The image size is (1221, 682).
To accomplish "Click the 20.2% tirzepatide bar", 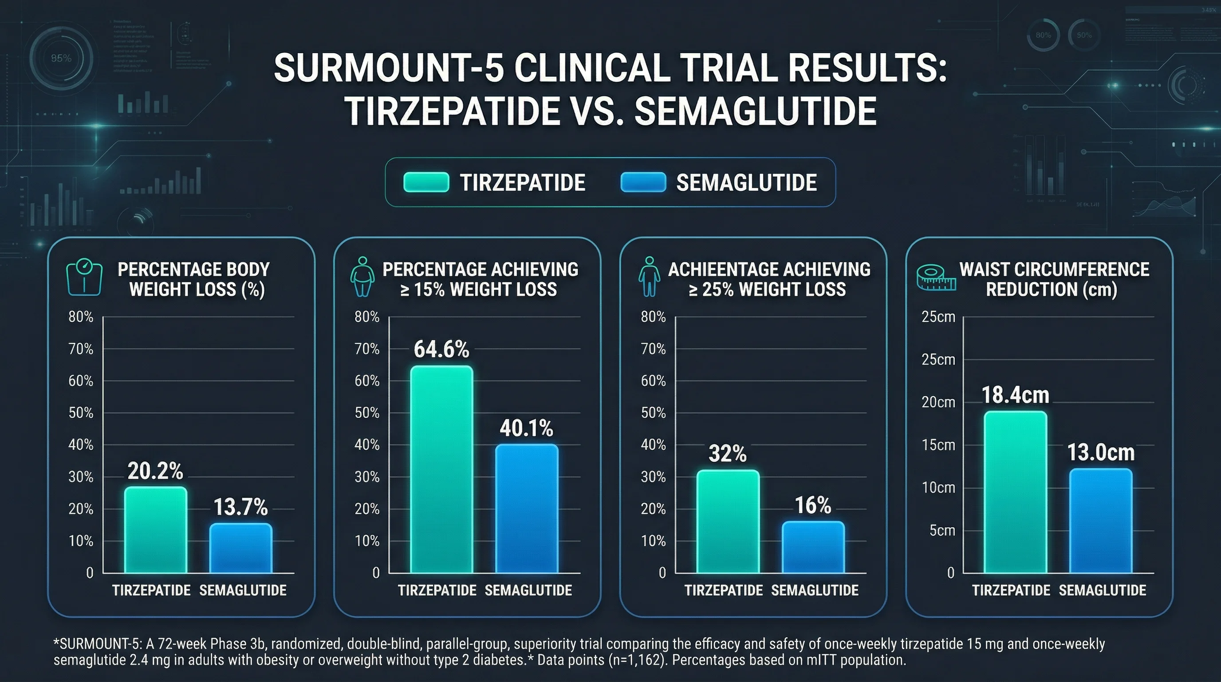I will coord(155,530).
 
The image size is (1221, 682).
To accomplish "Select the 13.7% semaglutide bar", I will coord(241,548).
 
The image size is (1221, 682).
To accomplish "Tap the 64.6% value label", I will coord(441,349).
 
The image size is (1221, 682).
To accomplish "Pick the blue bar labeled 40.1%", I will coord(527,508).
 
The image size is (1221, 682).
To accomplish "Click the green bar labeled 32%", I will coord(728,521).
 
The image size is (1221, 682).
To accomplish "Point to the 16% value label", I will coord(812,506).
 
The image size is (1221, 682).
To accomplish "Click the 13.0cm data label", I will coord(1101,452).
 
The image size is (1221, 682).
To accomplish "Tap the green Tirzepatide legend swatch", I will coord(425,182).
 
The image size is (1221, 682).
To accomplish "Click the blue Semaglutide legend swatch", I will coord(643,182).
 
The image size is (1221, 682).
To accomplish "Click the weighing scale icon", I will coord(84,278).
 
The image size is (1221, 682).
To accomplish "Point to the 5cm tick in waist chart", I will coord(942,530).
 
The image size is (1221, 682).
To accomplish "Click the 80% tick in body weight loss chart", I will coord(81,317).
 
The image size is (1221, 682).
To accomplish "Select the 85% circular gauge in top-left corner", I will coord(61,58).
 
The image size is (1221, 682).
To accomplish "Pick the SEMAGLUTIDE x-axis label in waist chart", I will coord(1102,591).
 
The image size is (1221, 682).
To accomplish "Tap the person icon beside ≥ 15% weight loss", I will coord(362,277).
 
